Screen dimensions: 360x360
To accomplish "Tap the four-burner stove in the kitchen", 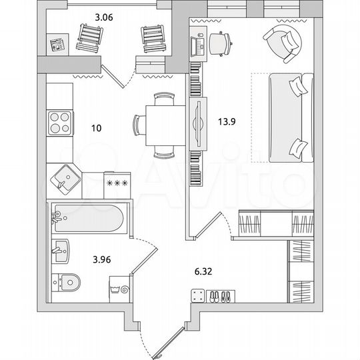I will coord(60,123).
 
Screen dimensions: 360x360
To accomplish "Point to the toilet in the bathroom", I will coord(65,283).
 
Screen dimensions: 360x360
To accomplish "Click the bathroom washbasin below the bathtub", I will coord(59,251).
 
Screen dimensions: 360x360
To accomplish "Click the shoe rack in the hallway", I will coord(213,295).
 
